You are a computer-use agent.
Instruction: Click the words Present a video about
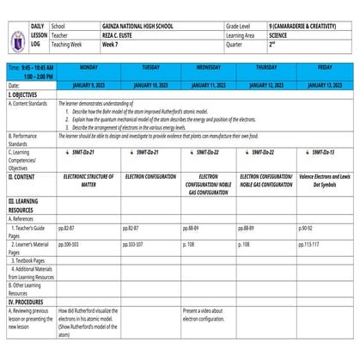(x=203, y=310)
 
